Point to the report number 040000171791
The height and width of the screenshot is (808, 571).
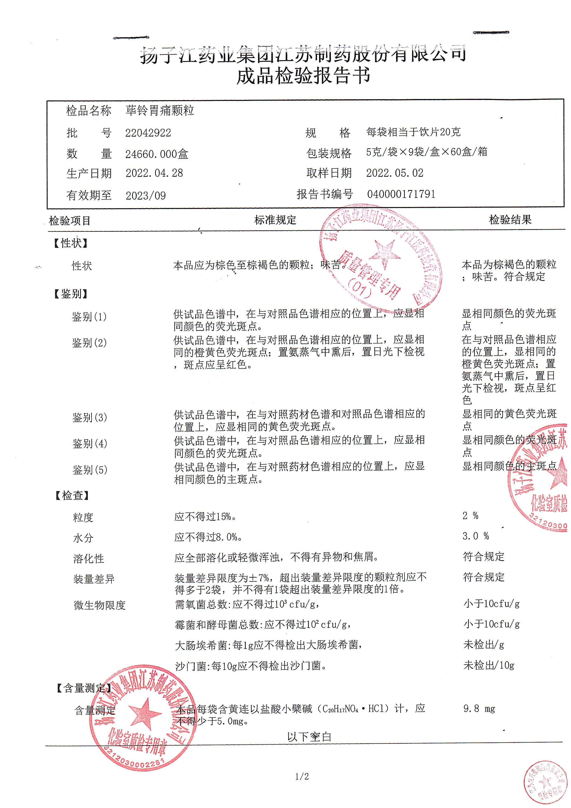401,194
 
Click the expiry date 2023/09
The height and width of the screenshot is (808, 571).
146,195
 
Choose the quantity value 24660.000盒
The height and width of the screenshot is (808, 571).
157,154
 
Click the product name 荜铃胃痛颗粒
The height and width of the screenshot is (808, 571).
160,111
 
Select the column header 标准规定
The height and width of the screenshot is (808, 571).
275,220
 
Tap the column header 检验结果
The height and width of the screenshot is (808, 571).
510,220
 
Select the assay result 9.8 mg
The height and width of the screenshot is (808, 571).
479,709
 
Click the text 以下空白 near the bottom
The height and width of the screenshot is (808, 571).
309,737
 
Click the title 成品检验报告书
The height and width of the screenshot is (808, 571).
303,76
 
